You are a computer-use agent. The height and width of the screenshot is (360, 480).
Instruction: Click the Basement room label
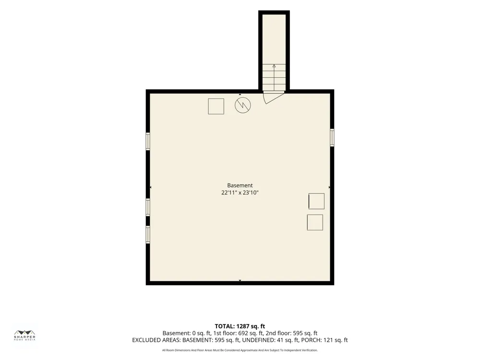coord(240,185)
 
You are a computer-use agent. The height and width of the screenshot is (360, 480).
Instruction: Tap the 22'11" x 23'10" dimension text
coord(240,193)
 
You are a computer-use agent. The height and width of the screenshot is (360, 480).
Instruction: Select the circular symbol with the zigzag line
coord(243,105)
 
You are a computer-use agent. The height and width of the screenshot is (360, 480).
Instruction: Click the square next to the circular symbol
coord(216,106)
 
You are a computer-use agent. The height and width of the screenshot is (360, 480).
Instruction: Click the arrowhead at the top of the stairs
coord(274,65)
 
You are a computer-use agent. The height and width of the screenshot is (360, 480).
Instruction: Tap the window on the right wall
coord(332,138)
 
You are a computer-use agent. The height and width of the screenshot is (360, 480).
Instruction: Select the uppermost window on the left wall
coord(148,141)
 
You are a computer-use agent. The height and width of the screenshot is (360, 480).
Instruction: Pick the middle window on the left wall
coord(148,207)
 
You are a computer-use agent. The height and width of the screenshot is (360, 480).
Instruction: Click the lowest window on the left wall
coord(148,235)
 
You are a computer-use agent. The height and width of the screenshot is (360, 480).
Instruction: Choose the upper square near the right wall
coord(316,201)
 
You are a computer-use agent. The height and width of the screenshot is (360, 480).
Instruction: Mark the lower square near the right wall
coord(315,222)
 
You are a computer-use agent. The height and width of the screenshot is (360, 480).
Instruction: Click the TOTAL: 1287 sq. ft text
coord(240,326)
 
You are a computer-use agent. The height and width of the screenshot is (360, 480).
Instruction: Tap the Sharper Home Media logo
coord(25,336)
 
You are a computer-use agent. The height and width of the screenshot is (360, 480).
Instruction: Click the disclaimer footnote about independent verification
coord(240,350)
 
